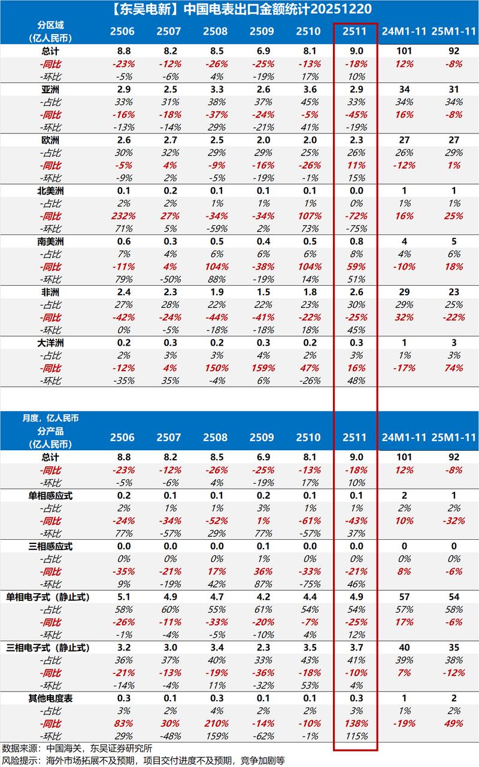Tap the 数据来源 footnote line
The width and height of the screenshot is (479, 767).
point(78,748)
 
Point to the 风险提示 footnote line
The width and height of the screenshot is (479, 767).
point(144,760)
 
